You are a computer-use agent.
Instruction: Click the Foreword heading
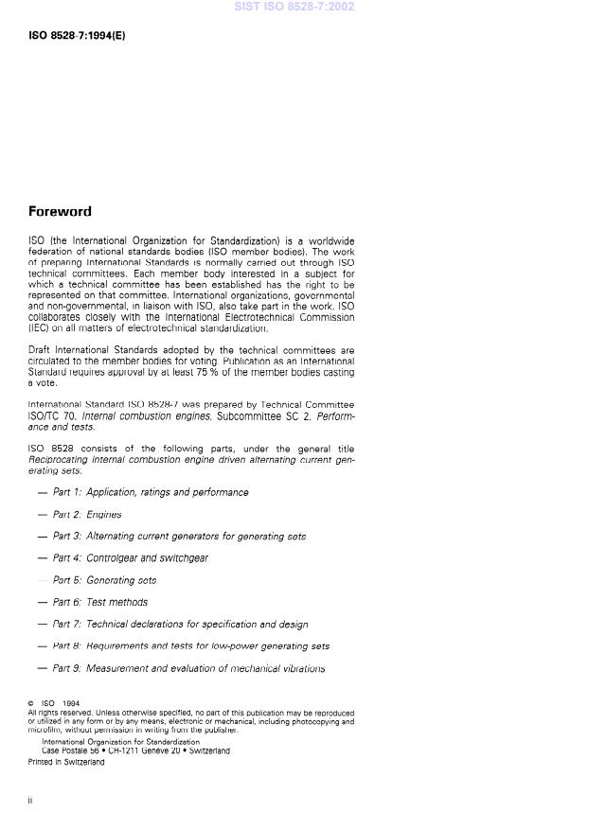[60, 211]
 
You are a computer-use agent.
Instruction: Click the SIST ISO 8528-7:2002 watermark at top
[294, 7]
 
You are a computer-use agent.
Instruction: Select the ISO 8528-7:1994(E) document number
[77, 36]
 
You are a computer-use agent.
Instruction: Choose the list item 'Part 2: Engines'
[87, 515]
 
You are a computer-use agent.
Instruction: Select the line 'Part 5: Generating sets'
[104, 580]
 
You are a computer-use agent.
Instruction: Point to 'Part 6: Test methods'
[100, 602]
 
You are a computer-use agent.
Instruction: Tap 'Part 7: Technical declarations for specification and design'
[180, 625]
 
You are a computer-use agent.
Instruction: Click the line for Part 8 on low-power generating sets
[191, 646]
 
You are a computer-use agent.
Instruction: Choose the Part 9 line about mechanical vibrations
[188, 668]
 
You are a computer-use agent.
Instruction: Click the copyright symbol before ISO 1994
[32, 704]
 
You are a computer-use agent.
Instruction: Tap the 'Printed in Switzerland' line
[66, 763]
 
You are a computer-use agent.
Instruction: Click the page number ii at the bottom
[31, 802]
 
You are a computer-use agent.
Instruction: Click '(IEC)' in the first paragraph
[39, 327]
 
